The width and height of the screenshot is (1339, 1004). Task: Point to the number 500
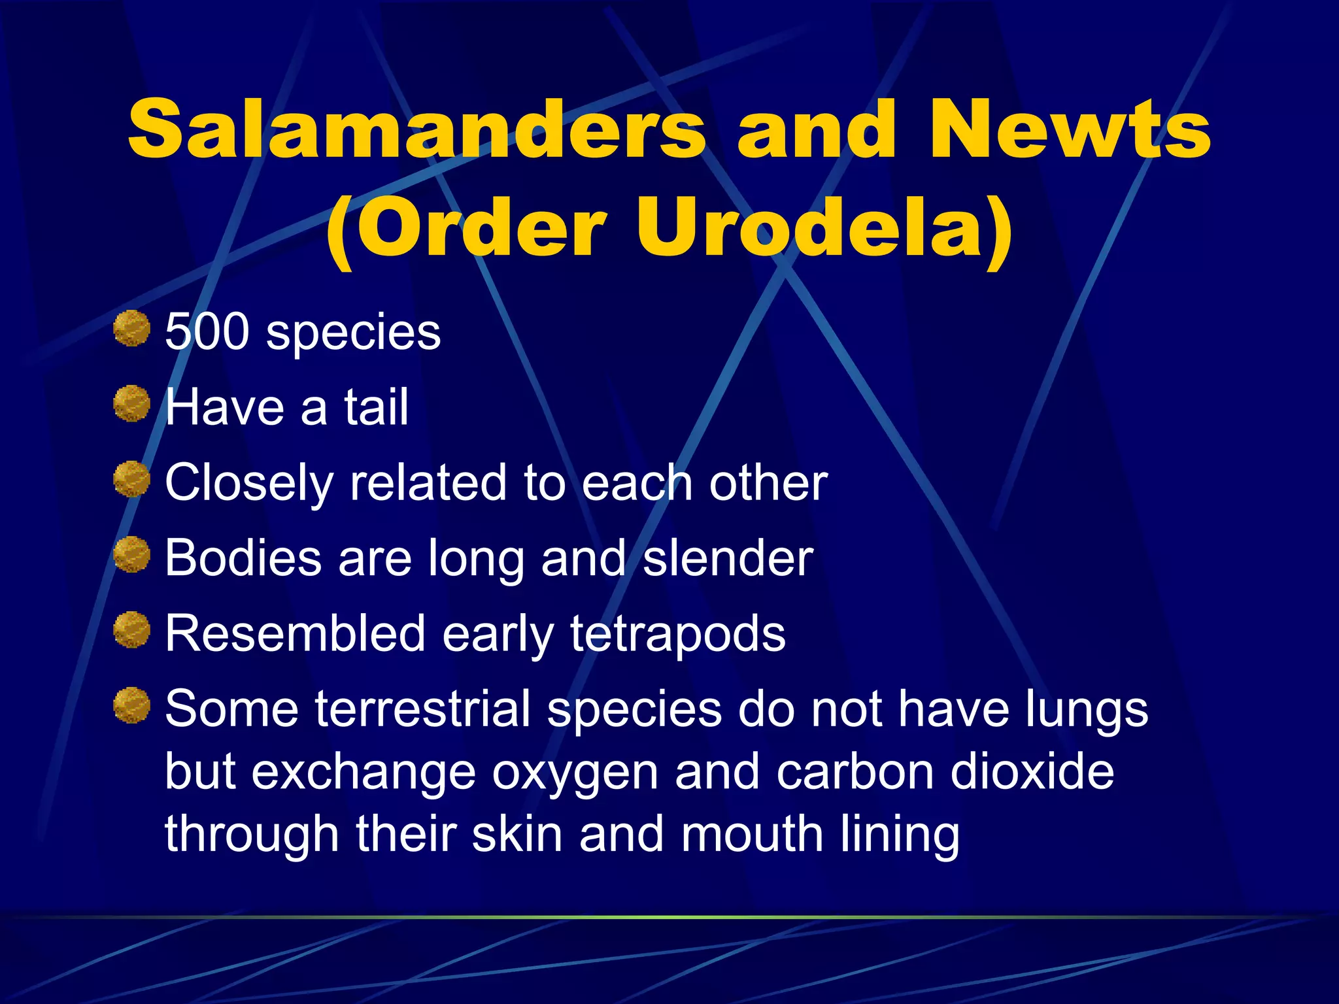click(207, 331)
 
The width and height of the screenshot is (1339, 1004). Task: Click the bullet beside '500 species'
click(131, 328)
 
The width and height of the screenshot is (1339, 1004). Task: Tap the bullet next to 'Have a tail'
click(131, 403)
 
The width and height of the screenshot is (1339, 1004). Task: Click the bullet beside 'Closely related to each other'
click(131, 479)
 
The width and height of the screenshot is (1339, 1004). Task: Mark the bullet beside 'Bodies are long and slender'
click(131, 554)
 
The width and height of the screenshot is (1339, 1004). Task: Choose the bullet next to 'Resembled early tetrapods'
click(131, 629)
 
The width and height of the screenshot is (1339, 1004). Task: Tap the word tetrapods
click(678, 634)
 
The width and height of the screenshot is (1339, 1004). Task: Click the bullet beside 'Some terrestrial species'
click(131, 705)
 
